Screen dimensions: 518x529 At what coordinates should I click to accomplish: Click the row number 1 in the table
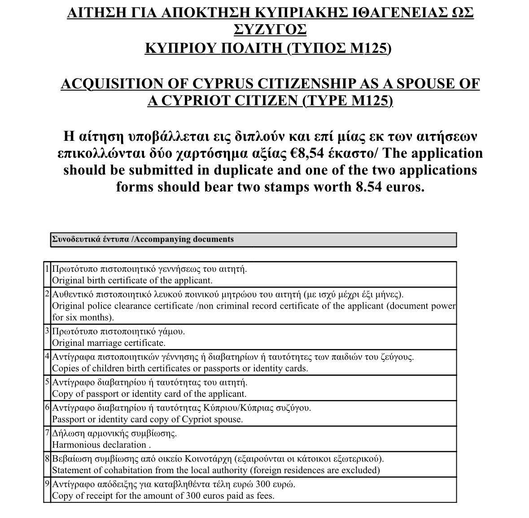pos(47,269)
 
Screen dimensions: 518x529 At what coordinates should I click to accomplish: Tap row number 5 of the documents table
pos(47,382)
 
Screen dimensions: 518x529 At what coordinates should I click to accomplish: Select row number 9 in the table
pos(47,484)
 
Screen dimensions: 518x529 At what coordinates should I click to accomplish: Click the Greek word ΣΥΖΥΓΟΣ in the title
pos(270,30)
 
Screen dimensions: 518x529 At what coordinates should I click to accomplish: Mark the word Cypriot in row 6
pos(197,419)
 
